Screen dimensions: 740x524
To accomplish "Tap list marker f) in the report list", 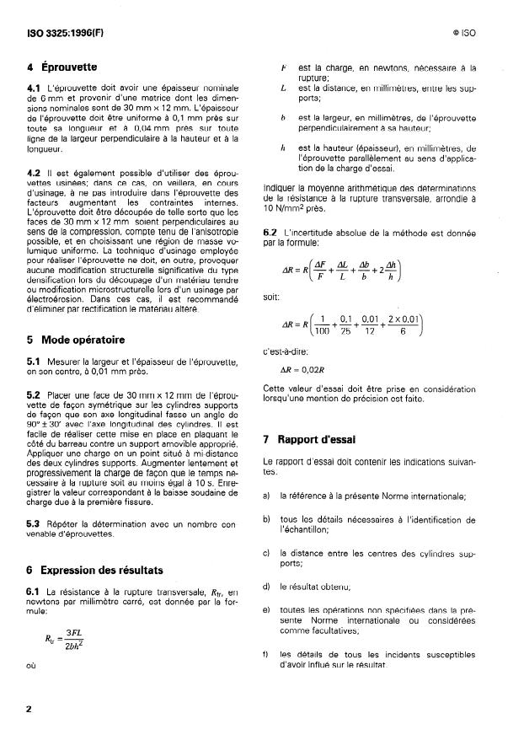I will click(x=267, y=653).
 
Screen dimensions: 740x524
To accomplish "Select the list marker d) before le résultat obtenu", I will click(x=267, y=586).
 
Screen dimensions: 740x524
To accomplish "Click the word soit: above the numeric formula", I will click(x=273, y=298).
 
